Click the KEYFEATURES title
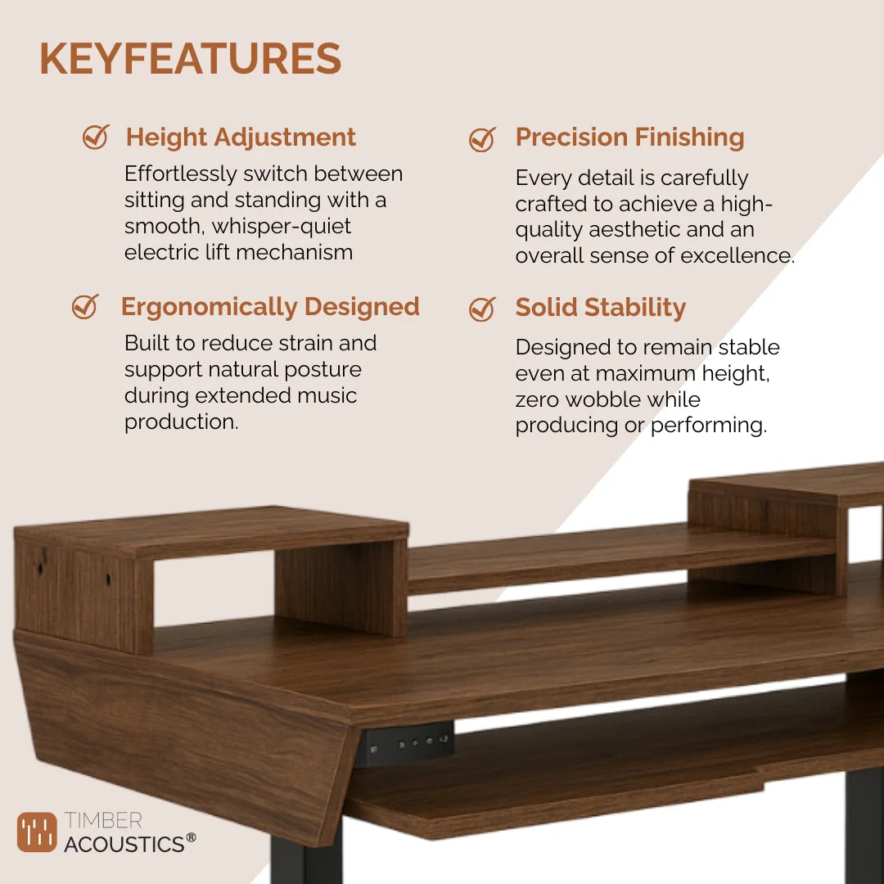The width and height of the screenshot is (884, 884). (x=190, y=60)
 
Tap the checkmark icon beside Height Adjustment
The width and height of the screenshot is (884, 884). (x=96, y=137)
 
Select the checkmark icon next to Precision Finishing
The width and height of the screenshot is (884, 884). (x=482, y=139)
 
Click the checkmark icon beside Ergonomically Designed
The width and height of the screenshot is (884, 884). (x=85, y=307)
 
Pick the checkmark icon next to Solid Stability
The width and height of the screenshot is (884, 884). (x=482, y=309)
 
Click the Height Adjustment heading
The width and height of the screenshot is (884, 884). (x=241, y=137)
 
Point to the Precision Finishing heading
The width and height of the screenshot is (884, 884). (x=629, y=138)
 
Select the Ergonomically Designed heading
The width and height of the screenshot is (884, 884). (x=270, y=307)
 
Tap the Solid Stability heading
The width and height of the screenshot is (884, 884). (x=600, y=308)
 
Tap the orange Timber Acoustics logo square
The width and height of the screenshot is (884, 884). (x=37, y=832)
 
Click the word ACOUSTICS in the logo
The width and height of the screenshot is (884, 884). (x=124, y=844)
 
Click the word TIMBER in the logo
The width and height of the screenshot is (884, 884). (x=103, y=820)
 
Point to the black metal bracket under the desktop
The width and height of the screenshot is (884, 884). (x=407, y=743)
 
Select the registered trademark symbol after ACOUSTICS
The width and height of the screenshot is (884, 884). (x=191, y=837)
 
